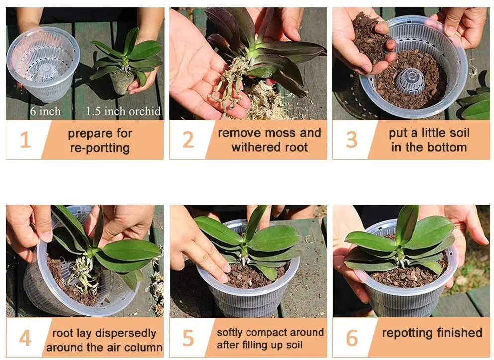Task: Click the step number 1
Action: (x=25, y=140)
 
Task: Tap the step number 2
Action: (x=188, y=140)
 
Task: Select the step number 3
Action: (x=351, y=140)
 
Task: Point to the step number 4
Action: (x=25, y=338)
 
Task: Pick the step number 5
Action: (x=188, y=338)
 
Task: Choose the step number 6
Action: (x=351, y=338)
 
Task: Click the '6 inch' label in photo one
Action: (x=46, y=111)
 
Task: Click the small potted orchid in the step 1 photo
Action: (x=124, y=62)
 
